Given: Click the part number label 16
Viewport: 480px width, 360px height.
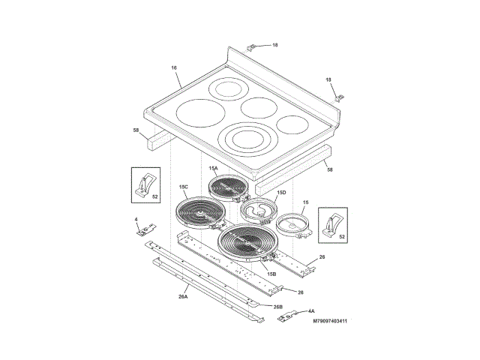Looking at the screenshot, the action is click(174, 67).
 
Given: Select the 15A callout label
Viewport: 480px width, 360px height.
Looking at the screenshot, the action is click(213, 168).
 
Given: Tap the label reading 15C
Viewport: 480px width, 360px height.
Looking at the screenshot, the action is click(184, 187).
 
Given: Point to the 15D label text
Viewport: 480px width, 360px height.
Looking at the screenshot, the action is click(281, 193).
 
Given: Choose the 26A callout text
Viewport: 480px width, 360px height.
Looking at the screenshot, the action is click(183, 297).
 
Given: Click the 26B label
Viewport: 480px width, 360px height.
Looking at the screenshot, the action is click(278, 307).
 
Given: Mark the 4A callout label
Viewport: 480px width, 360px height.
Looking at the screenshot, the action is click(311, 311).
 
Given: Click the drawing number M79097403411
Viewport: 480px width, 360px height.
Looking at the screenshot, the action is click(330, 321).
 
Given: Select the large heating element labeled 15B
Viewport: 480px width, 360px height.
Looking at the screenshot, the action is click(244, 244).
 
